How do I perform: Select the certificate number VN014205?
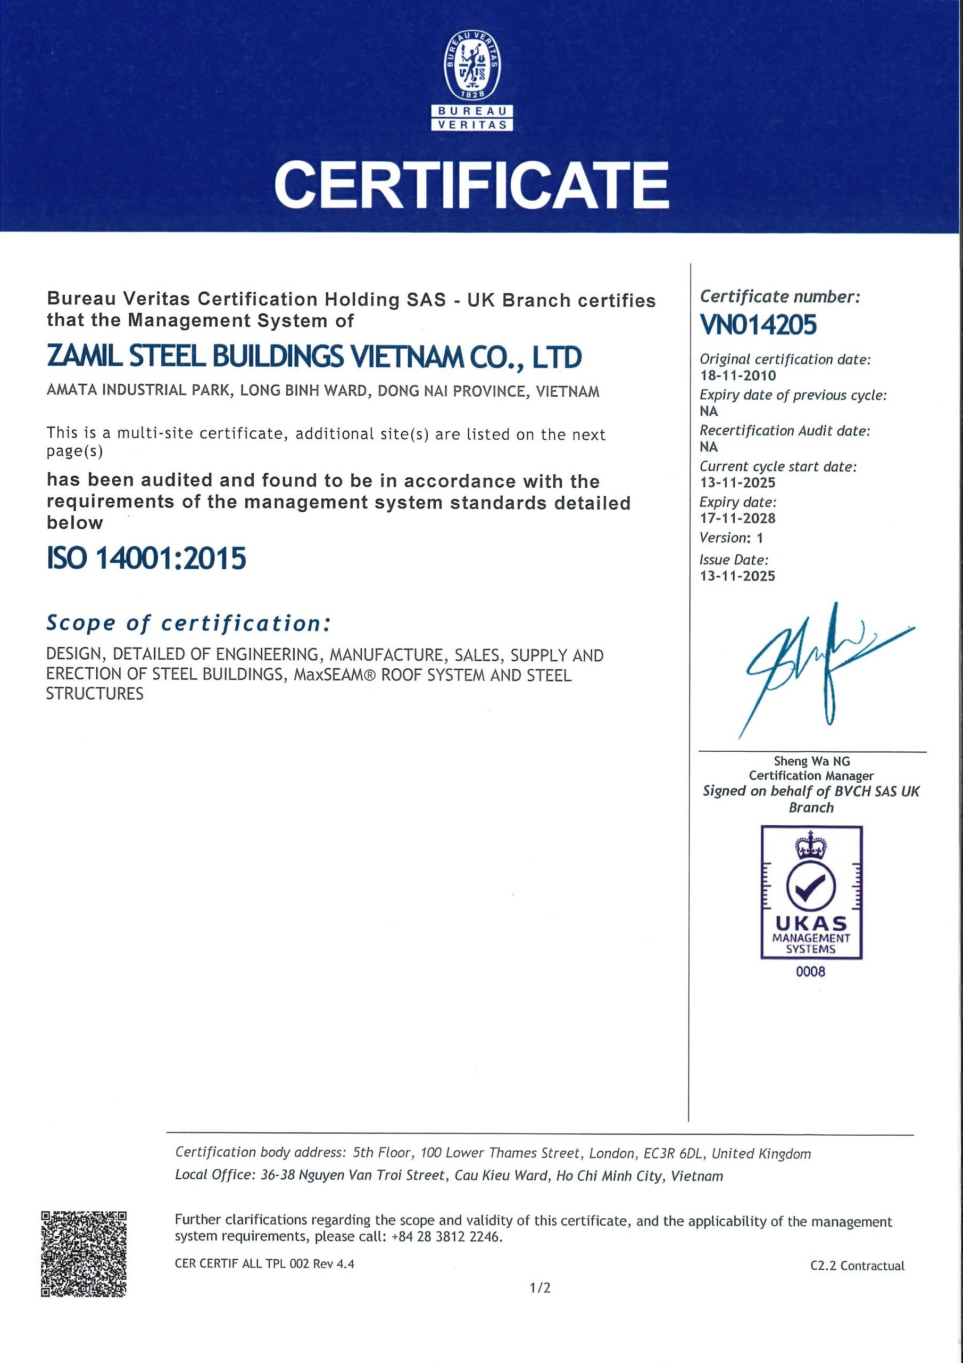point(758,325)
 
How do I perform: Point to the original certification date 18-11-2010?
point(737,375)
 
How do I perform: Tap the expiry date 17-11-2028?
point(737,518)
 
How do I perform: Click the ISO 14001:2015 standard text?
point(146,559)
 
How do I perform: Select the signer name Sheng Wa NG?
point(811,761)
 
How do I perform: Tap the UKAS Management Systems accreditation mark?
point(811,892)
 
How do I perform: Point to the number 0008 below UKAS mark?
point(810,972)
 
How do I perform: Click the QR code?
point(84,1254)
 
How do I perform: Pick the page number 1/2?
point(540,1287)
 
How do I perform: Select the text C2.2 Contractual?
point(857,1266)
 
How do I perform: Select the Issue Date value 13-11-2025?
point(737,576)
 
